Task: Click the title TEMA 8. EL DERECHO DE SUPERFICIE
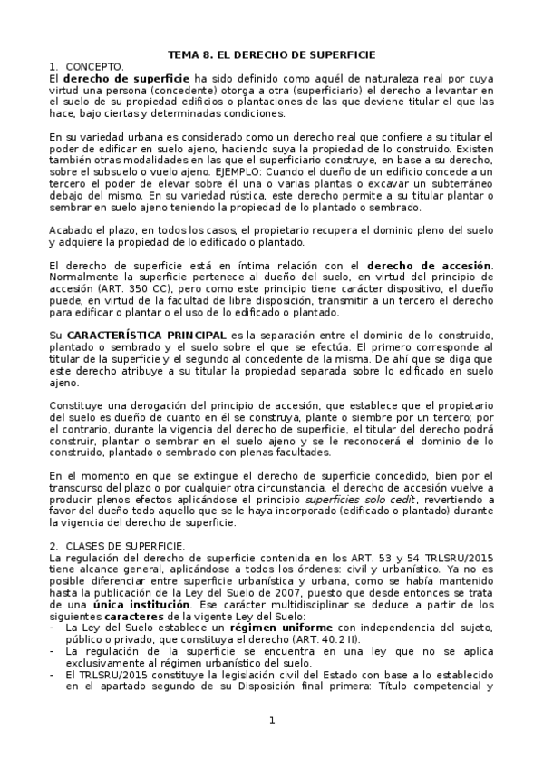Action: [x=271, y=54]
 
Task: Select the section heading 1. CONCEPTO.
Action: [x=86, y=67]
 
